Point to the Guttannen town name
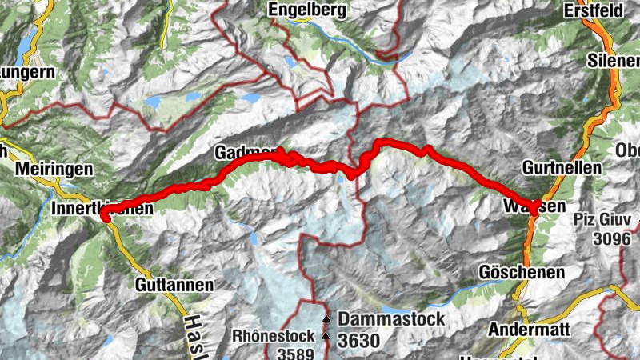175,284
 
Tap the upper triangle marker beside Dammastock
326,319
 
